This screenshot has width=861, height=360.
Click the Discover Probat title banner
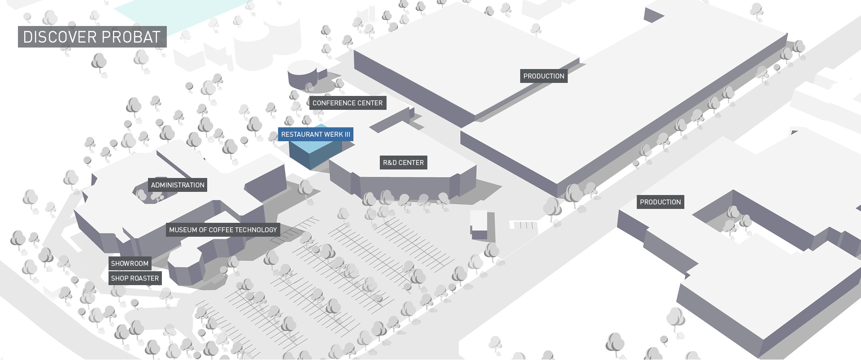[x=92, y=37]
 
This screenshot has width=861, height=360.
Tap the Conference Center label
[x=348, y=103]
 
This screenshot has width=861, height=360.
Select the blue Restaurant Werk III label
[x=316, y=134]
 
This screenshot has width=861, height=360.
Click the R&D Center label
[x=404, y=163]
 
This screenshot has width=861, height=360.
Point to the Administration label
[x=178, y=185]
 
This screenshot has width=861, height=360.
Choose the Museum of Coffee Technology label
[x=223, y=230]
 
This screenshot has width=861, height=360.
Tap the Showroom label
[x=130, y=264]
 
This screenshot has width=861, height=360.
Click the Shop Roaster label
[x=135, y=278]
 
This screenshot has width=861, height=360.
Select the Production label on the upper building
[x=544, y=76]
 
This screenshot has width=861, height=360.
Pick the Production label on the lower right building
[x=661, y=202]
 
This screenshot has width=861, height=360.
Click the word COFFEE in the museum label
[x=221, y=230]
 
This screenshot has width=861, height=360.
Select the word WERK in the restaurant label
[x=334, y=134]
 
